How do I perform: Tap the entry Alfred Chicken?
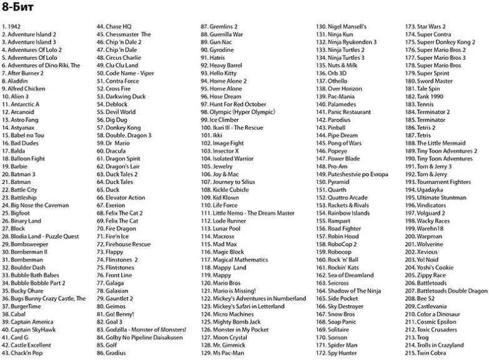[x=23, y=89]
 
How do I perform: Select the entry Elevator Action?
[x=121, y=198]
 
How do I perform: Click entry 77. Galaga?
[x=110, y=283]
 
